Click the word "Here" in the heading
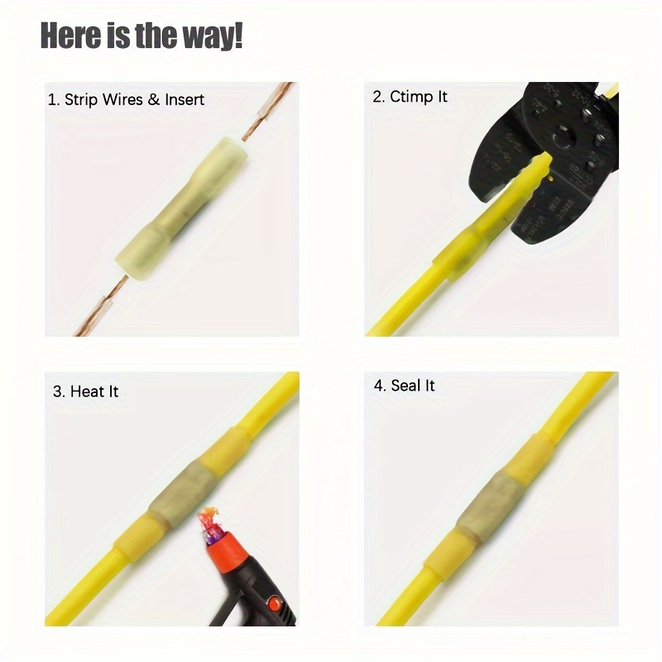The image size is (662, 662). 71,36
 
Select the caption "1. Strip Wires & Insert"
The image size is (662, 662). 126,99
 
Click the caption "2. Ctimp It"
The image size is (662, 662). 410,97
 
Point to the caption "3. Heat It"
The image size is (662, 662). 86,391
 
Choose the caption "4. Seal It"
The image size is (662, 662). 404,386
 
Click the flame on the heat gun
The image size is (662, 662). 209,523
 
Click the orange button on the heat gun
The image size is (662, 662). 276,602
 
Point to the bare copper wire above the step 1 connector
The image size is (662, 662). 268,111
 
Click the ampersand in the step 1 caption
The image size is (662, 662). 154,99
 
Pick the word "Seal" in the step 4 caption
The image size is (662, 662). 405,386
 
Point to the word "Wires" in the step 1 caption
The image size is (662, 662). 122,99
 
